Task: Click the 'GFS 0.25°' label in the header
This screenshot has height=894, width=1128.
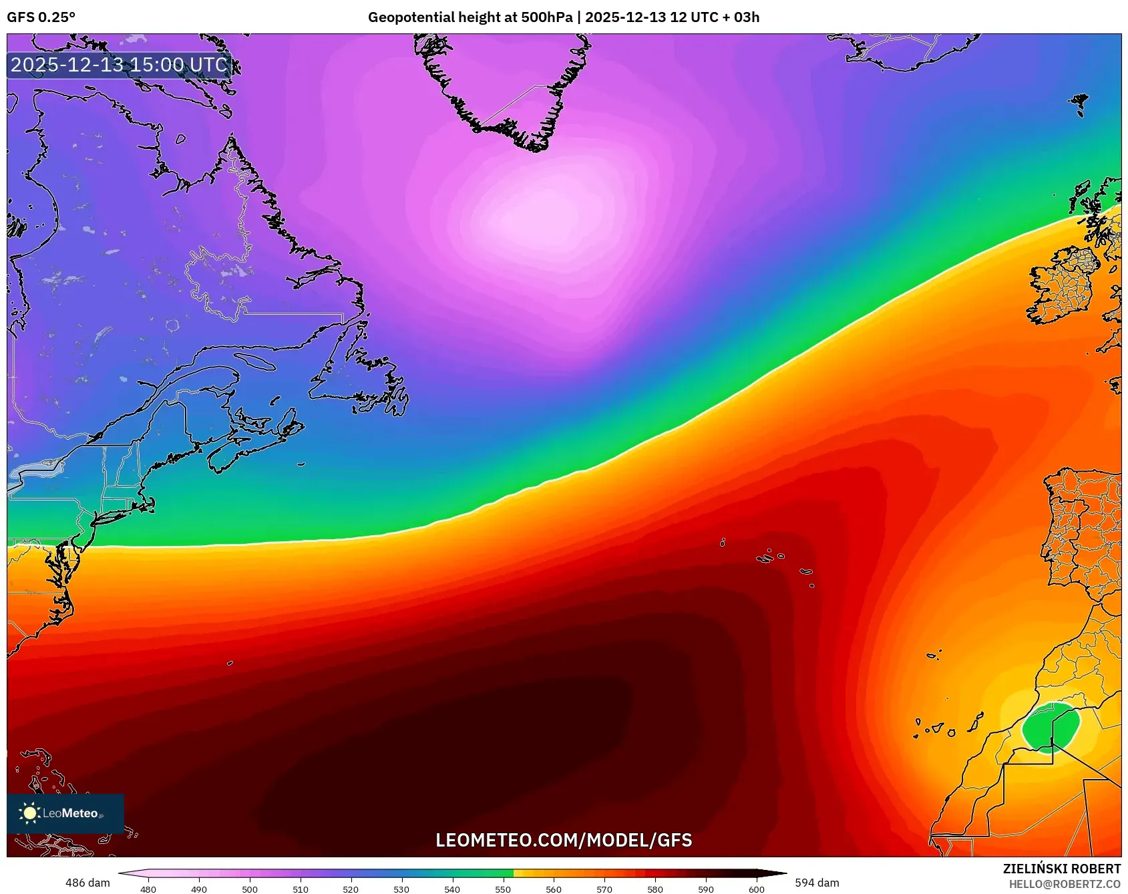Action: pyautogui.click(x=41, y=17)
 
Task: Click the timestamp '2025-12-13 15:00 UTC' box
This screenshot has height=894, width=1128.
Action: pyautogui.click(x=120, y=65)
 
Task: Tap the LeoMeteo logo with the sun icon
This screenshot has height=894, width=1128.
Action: pyautogui.click(x=65, y=813)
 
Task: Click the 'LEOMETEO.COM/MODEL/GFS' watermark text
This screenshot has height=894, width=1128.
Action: pyautogui.click(x=564, y=840)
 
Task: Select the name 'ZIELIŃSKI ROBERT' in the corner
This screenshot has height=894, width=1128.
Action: pyautogui.click(x=1061, y=869)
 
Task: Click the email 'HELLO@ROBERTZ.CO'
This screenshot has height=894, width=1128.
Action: pyautogui.click(x=1065, y=884)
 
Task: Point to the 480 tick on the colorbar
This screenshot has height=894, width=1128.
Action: pyautogui.click(x=148, y=889)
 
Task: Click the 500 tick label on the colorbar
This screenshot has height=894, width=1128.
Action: pyautogui.click(x=250, y=889)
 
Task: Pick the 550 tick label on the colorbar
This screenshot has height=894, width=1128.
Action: pyautogui.click(x=503, y=889)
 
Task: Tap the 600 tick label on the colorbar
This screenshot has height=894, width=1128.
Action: pyautogui.click(x=756, y=889)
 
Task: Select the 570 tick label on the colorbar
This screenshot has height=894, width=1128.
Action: pyautogui.click(x=604, y=889)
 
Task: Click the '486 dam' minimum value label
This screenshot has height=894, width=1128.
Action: pyautogui.click(x=87, y=883)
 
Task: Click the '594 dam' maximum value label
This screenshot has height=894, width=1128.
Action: pyautogui.click(x=817, y=883)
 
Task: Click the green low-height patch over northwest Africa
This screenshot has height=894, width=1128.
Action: pyautogui.click(x=1050, y=728)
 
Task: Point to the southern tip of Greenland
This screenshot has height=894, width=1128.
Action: pyautogui.click(x=534, y=147)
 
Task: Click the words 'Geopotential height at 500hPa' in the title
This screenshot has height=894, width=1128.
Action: pyautogui.click(x=470, y=17)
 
